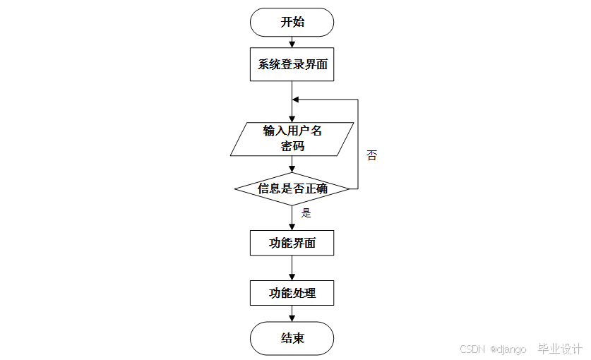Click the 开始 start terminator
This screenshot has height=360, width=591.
coord(292,22)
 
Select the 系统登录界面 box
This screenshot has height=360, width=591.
coord(292,64)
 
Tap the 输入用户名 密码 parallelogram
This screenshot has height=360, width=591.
coord(292,139)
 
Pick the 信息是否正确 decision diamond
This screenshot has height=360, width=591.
coord(292,188)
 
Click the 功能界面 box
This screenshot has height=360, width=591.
coord(292,244)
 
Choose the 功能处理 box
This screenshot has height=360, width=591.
coord(292,293)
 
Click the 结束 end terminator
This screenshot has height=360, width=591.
coord(292,338)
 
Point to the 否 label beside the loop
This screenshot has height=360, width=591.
coord(371,155)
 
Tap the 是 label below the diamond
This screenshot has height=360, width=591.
coord(306,212)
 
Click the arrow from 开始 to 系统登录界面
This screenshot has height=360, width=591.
coord(292,42)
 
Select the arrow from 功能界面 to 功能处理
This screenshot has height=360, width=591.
coord(292,268)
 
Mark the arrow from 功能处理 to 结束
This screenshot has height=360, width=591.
coord(292,314)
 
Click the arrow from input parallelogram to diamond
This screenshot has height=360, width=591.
coord(292,164)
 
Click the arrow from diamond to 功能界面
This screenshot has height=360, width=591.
coord(292,218)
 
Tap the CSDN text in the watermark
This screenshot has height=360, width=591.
coord(471,349)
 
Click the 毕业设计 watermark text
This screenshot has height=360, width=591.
coord(560,349)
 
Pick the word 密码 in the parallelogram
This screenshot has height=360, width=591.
coord(292,147)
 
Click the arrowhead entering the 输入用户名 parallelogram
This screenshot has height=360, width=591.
coord(292,119)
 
